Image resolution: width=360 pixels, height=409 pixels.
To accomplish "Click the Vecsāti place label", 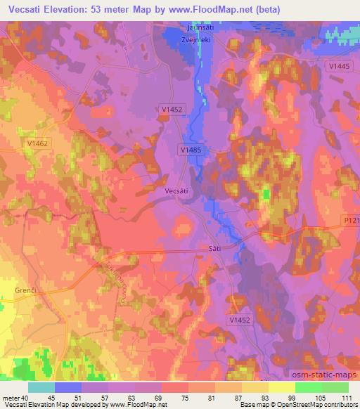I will [176, 190].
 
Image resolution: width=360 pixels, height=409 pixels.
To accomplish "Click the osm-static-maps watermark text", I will [328, 373].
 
